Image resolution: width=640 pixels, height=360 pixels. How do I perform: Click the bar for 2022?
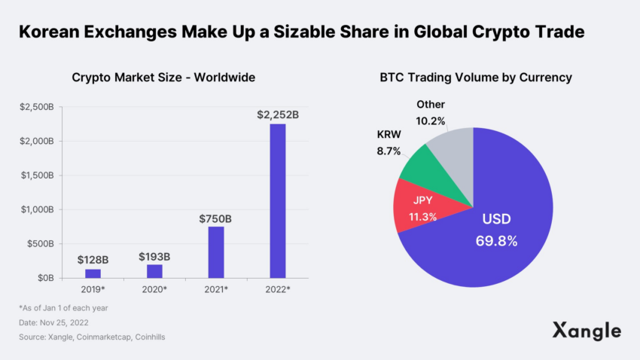(x=278, y=200)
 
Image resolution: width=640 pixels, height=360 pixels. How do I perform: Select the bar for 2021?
(x=216, y=252)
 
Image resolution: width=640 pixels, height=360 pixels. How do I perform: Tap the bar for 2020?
(x=154, y=271)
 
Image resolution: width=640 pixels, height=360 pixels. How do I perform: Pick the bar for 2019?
(x=93, y=273)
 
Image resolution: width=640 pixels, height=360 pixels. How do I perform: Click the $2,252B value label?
(x=278, y=114)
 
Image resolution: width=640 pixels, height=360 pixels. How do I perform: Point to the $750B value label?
(x=215, y=218)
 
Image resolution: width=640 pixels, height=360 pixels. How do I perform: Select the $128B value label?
(x=93, y=260)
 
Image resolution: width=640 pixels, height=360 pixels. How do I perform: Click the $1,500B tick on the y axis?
(x=37, y=175)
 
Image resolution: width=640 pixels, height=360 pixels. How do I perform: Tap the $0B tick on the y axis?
(x=43, y=278)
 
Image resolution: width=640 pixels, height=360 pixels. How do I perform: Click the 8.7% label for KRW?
(x=389, y=151)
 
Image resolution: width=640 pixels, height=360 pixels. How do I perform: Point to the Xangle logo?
(x=587, y=331)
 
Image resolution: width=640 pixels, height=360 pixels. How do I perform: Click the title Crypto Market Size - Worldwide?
(x=163, y=78)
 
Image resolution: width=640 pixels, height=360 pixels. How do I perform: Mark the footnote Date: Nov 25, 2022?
(x=59, y=323)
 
